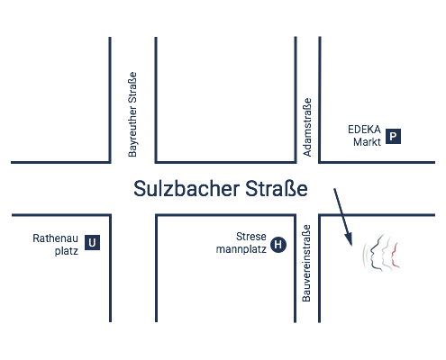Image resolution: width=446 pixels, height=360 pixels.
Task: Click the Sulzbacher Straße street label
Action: [x=221, y=189]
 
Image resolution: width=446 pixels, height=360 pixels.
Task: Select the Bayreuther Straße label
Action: [x=132, y=114]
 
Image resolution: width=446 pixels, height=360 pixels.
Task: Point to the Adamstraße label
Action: [x=307, y=127]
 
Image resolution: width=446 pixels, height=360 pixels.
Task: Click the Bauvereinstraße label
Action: [x=306, y=263]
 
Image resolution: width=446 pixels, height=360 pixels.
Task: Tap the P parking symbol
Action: [x=393, y=137]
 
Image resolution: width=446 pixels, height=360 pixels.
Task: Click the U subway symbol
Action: [x=92, y=242]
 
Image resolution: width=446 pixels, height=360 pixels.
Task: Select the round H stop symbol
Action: [x=278, y=245]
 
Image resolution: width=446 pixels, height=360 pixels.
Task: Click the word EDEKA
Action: [x=364, y=130]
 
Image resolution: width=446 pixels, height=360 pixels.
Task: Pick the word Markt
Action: [x=367, y=142]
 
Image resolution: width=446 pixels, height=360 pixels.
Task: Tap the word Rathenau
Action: [x=55, y=238]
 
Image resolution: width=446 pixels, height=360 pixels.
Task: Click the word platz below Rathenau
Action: [x=67, y=251]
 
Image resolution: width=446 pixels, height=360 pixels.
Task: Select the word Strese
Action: [x=251, y=237]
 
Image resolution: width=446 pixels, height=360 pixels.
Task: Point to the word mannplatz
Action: [x=241, y=249]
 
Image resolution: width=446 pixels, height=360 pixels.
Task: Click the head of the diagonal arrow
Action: [x=350, y=242]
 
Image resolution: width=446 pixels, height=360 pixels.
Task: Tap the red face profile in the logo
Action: [x=396, y=256]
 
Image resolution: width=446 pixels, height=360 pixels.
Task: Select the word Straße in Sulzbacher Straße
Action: [x=277, y=189]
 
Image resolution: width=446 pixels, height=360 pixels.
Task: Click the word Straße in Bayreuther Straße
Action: [x=132, y=88]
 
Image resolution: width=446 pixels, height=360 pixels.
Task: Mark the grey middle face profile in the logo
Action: [x=386, y=254]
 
